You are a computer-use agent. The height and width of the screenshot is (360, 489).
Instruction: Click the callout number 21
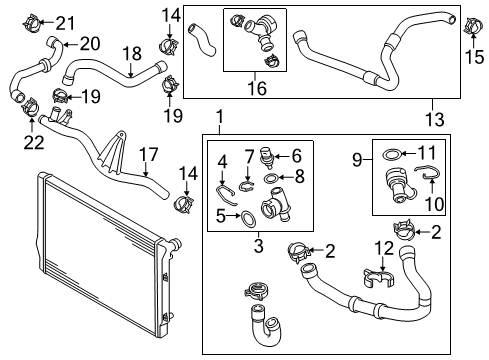65,23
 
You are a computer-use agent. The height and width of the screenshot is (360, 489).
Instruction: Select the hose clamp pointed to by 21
32,23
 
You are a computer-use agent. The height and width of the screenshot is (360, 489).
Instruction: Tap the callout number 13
435,119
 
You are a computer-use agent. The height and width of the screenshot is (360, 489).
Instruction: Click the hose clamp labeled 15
474,26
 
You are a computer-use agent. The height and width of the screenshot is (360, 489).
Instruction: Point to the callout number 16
257,88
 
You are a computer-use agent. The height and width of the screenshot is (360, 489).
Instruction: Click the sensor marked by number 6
267,157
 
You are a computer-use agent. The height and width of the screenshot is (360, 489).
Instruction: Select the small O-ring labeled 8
270,179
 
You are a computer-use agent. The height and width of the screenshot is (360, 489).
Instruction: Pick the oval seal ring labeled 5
248,219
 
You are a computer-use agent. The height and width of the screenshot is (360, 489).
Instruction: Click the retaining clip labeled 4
226,196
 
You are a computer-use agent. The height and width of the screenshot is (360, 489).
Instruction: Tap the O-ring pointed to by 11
391,155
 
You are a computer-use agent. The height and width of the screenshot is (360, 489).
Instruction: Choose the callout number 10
435,204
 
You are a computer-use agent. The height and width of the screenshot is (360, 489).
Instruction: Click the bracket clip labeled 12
378,278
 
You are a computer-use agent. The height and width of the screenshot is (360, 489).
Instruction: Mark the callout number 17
148,155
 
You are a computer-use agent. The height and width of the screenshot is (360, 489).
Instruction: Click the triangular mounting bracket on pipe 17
111,153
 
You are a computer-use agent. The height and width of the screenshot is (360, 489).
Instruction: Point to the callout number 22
34,143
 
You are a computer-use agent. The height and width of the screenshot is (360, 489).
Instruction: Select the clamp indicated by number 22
30,107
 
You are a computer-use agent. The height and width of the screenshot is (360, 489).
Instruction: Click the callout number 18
132,54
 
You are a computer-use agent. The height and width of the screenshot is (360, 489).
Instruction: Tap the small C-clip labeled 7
247,186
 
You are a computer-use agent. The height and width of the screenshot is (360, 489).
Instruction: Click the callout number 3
258,246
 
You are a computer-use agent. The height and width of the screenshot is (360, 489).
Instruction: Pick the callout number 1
220,117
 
